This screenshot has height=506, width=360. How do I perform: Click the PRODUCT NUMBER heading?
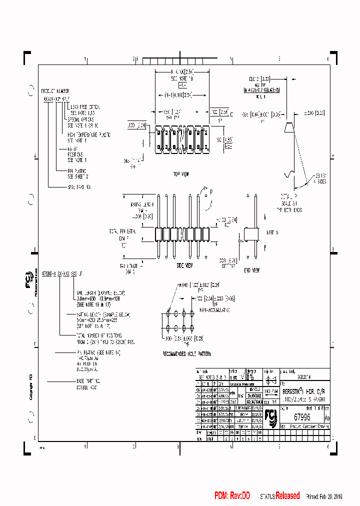(55, 91)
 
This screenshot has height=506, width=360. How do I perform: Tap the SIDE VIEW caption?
(185, 265)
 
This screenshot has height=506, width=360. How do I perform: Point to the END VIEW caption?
(252, 270)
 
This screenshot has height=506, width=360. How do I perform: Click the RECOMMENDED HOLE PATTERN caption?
(186, 353)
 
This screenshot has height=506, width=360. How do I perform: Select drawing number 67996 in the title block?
(303, 416)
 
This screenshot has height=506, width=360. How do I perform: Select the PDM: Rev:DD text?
(232, 495)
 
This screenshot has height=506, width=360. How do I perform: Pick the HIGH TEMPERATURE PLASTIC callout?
(89, 135)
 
